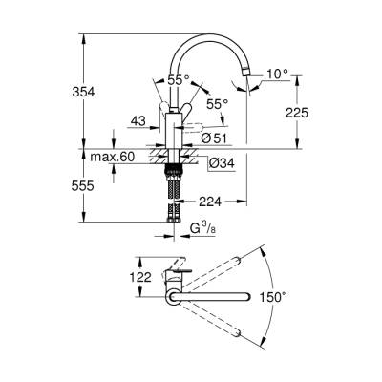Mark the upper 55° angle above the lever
coord(176,82)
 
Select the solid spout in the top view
coord(210,298)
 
